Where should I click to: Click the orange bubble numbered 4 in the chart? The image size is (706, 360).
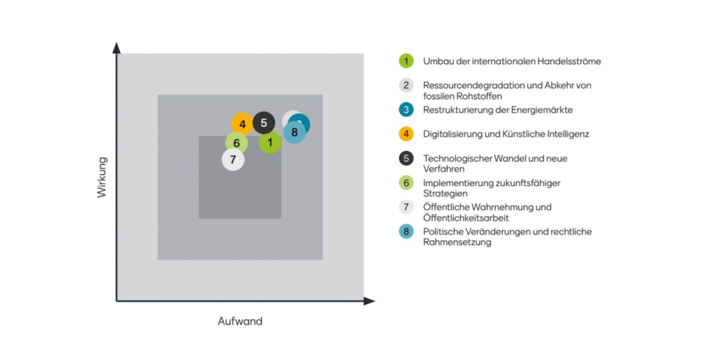(x=242, y=124)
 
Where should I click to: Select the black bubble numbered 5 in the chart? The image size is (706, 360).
(x=264, y=123)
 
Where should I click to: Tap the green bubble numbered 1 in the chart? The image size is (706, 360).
(x=270, y=142)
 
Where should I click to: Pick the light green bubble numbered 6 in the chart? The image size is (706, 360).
(x=237, y=143)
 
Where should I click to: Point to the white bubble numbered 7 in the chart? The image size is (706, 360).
(x=233, y=159)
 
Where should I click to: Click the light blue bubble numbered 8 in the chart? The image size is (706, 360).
(x=294, y=132)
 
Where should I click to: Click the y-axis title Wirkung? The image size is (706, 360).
(x=102, y=177)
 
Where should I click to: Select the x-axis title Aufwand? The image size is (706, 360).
(x=240, y=321)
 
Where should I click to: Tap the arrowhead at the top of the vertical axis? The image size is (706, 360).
(x=117, y=48)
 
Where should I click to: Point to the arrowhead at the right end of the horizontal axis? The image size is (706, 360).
(x=370, y=301)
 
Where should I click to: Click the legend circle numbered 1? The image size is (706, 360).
(x=406, y=61)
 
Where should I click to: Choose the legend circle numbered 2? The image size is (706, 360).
(x=406, y=85)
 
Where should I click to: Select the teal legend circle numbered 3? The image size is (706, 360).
(x=406, y=110)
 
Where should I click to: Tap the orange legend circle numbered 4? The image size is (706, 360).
(x=406, y=134)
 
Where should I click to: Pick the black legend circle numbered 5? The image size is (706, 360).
(x=406, y=158)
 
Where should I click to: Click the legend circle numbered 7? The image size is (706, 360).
(x=406, y=207)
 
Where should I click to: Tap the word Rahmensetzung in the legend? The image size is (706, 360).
(x=457, y=242)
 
